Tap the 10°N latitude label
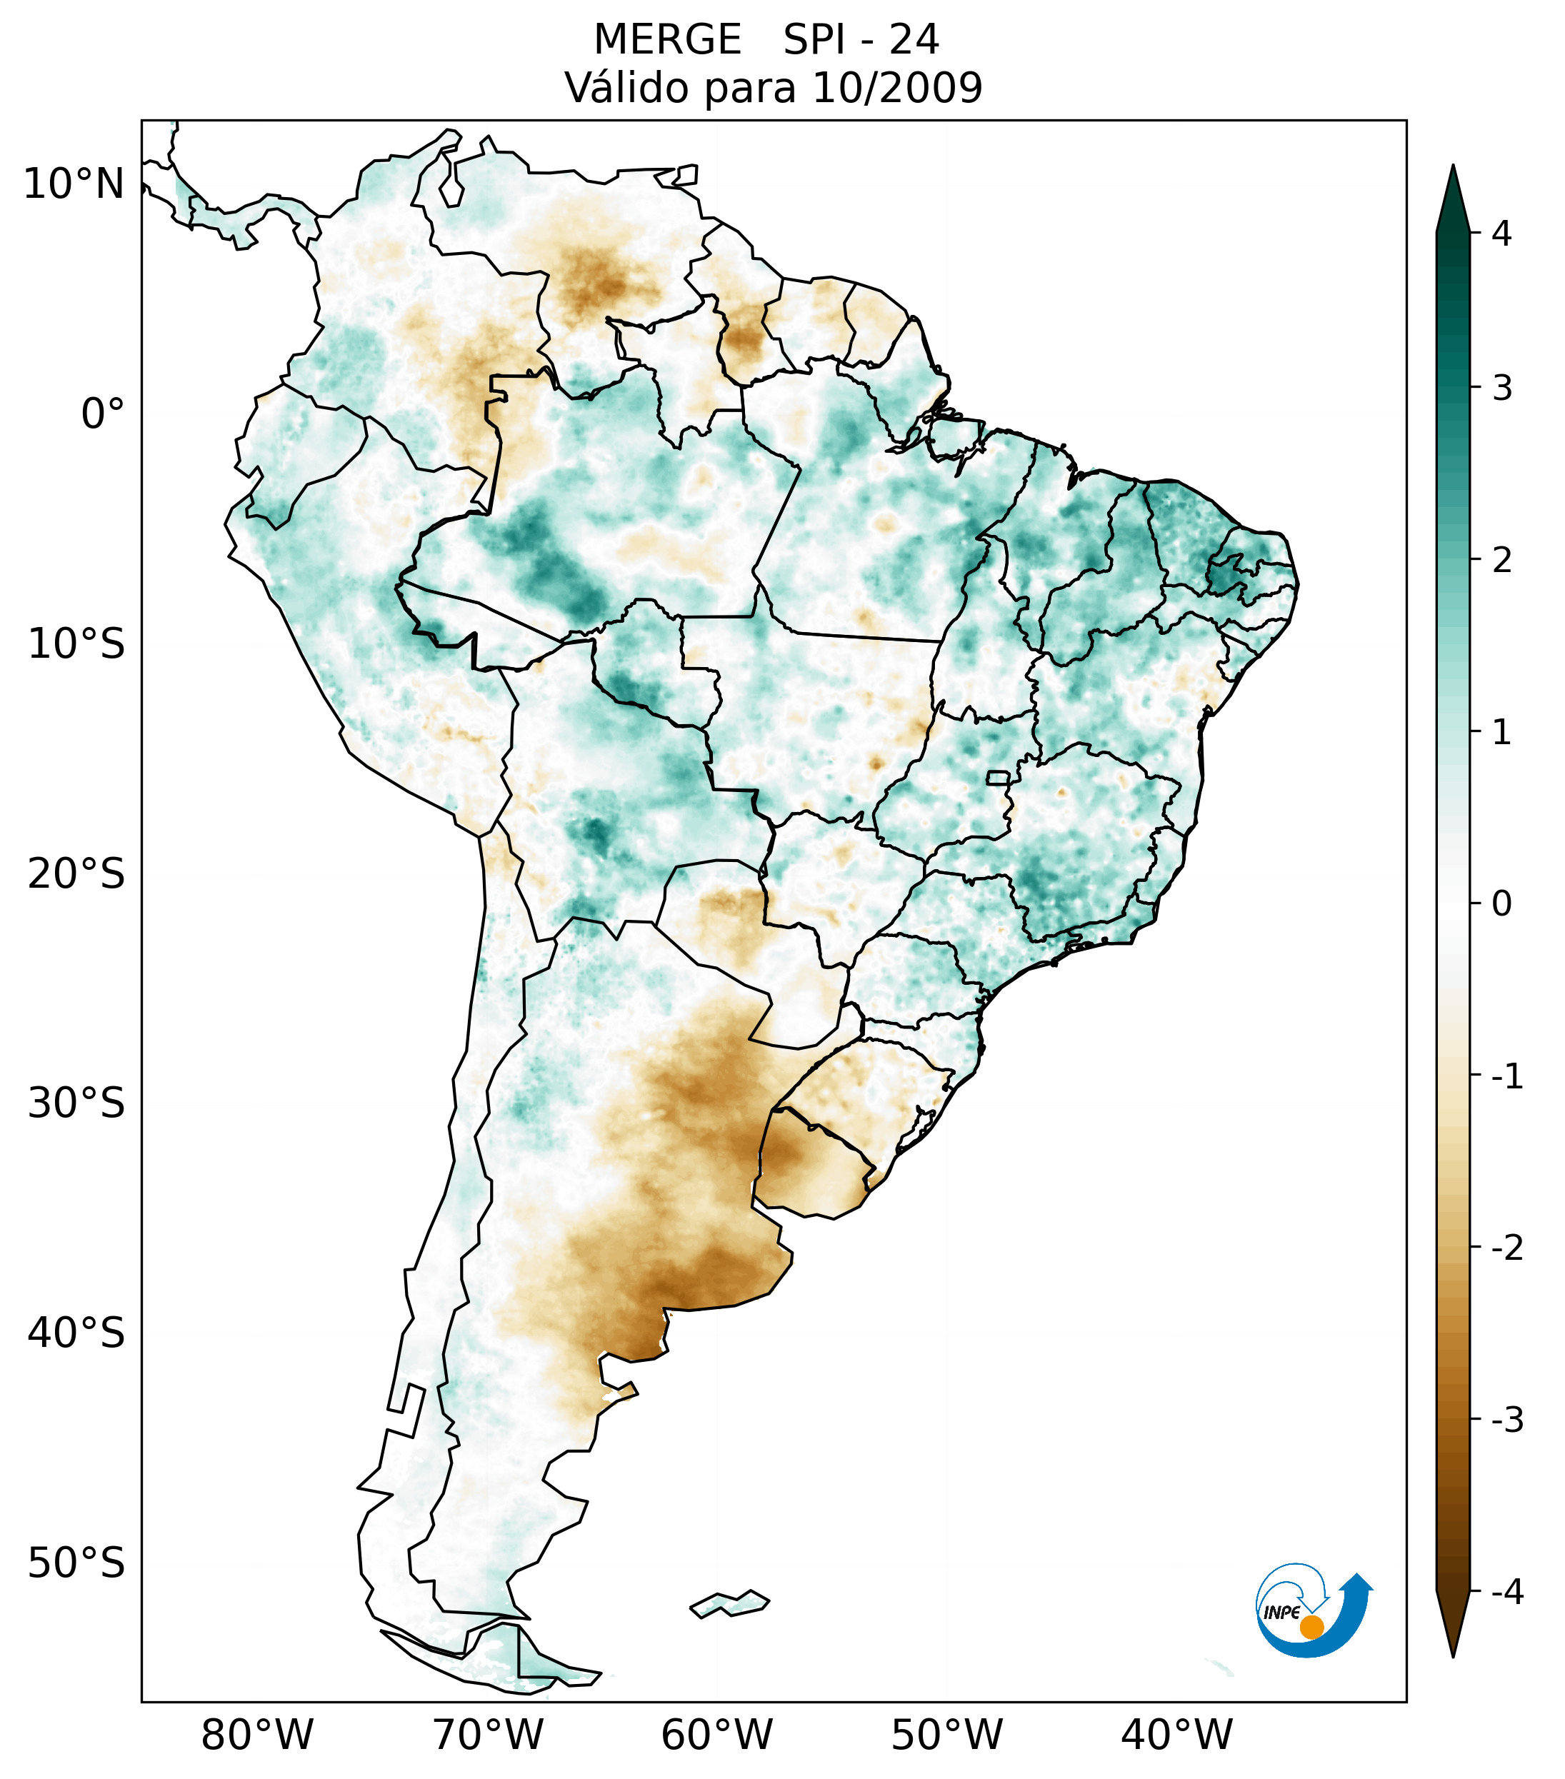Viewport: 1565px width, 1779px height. click(73, 184)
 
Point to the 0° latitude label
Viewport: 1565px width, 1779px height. click(103, 414)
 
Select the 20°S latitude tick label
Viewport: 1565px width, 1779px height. click(76, 874)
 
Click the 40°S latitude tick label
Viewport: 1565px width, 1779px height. click(76, 1333)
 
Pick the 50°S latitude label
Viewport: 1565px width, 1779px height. click(76, 1563)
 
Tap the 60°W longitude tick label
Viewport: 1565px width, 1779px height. click(716, 1735)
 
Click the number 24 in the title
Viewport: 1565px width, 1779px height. click(914, 40)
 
